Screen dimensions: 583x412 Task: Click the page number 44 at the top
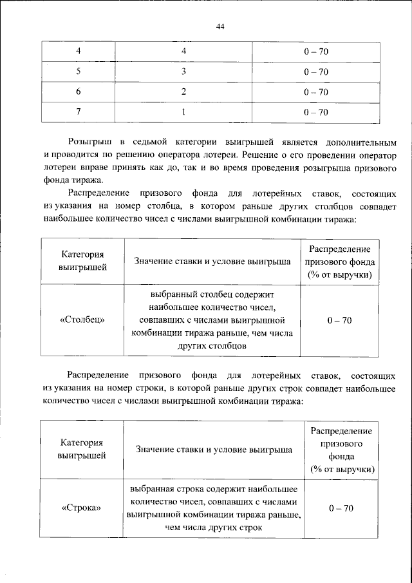pyautogui.click(x=221, y=26)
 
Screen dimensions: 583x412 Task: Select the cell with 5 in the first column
pyautogui.click(x=79, y=71)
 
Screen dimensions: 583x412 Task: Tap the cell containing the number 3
pyautogui.click(x=183, y=71)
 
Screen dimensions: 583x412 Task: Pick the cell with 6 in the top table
pyautogui.click(x=79, y=91)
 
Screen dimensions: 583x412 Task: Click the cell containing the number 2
pyautogui.click(x=183, y=91)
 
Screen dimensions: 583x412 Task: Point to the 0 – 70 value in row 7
pyautogui.click(x=316, y=112)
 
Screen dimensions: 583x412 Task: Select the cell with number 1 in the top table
pyautogui.click(x=183, y=112)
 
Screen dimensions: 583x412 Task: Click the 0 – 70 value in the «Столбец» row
pyautogui.click(x=339, y=320)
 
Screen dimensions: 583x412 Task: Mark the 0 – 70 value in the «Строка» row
pyautogui.click(x=341, y=508)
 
